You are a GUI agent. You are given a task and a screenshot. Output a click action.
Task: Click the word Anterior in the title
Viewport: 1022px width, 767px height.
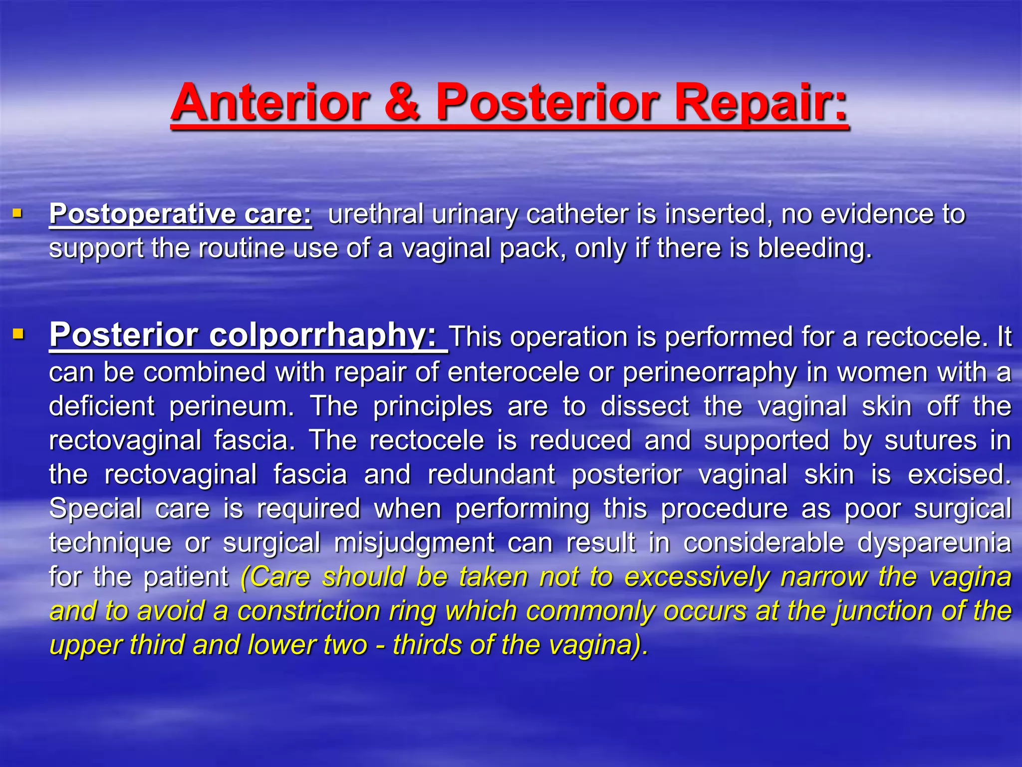[x=270, y=102]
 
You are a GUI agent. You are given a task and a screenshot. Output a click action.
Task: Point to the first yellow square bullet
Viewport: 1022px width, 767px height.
[x=17, y=214]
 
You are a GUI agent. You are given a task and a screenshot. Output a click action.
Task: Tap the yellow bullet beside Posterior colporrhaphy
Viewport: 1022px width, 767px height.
[x=18, y=333]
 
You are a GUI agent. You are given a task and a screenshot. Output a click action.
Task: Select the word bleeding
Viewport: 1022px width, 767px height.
[x=814, y=248]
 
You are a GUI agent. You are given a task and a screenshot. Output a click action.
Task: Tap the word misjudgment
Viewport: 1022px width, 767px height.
[x=414, y=543]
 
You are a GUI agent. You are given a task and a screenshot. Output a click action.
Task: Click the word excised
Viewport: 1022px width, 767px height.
[x=959, y=474]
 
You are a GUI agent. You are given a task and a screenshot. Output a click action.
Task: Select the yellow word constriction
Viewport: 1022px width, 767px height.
[x=308, y=611]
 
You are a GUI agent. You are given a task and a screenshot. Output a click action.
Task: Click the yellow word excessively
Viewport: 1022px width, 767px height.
[x=697, y=577]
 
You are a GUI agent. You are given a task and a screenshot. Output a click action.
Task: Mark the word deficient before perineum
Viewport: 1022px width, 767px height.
[x=102, y=406]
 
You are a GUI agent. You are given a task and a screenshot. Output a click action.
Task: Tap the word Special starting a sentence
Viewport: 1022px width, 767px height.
[x=95, y=509]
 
